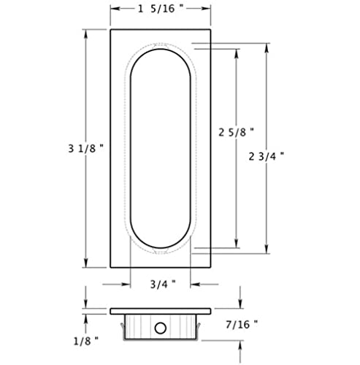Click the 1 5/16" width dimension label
161,9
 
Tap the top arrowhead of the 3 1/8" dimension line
87,33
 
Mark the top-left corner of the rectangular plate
111,28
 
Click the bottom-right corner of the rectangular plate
211,269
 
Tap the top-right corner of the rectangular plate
211,28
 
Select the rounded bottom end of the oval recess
161,250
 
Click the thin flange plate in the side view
161,310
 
